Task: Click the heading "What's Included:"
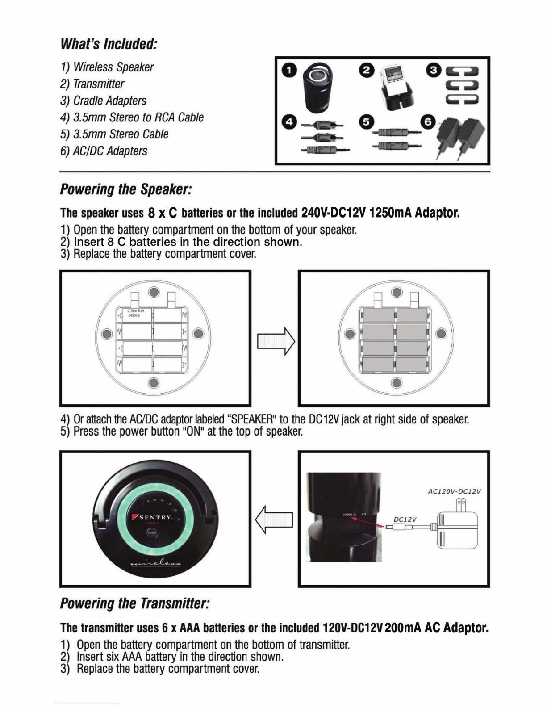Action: [109, 44]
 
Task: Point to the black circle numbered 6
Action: [429, 121]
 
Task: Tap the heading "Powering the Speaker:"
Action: [126, 189]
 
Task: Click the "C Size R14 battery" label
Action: [134, 313]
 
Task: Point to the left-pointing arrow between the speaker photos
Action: [274, 519]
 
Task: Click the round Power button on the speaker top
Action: [152, 533]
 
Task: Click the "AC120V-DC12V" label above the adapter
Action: [454, 491]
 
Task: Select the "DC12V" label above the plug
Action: [405, 519]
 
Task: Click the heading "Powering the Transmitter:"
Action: [135, 603]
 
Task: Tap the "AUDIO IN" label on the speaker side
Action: [350, 515]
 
